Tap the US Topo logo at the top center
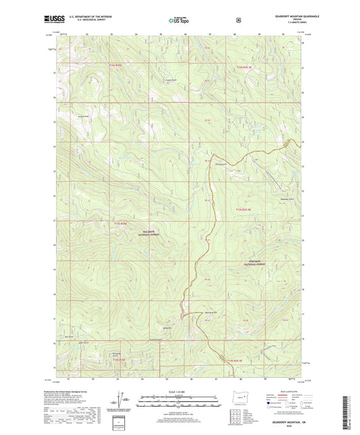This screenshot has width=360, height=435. [x=179, y=20]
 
